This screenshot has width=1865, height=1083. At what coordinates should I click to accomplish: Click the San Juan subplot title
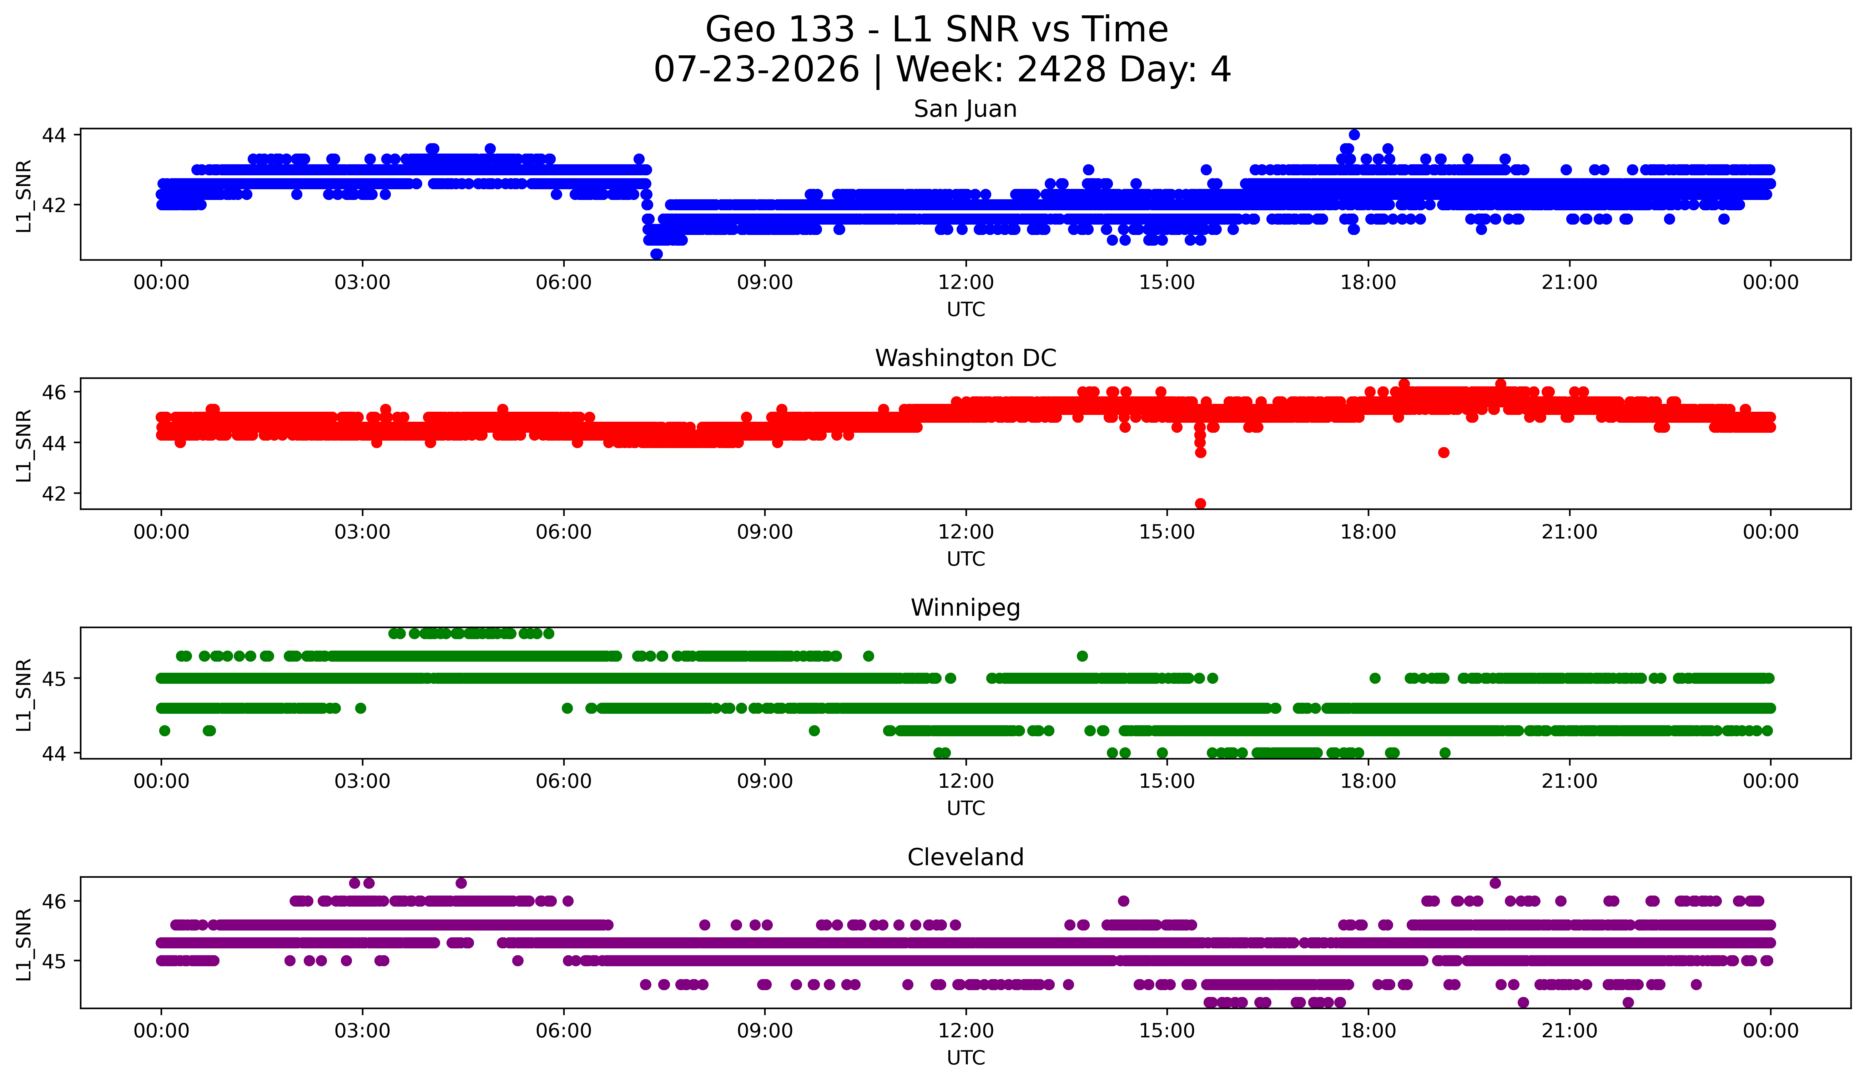tap(965, 109)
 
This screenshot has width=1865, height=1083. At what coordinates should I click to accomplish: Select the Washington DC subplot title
tap(965, 358)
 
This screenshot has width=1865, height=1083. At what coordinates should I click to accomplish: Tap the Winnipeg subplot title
tap(965, 608)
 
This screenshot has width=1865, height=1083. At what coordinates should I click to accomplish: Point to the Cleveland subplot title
tap(965, 857)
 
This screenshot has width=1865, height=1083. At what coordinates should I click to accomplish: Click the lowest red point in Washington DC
tap(1200, 503)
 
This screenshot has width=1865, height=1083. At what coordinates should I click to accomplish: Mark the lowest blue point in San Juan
tap(656, 254)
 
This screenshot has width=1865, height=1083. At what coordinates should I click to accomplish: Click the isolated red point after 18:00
tap(1443, 452)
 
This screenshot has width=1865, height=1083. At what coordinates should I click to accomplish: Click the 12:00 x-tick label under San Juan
tap(966, 283)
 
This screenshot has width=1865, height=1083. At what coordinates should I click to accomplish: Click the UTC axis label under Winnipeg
tap(966, 808)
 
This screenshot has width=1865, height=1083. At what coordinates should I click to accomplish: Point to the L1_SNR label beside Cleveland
tap(24, 944)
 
